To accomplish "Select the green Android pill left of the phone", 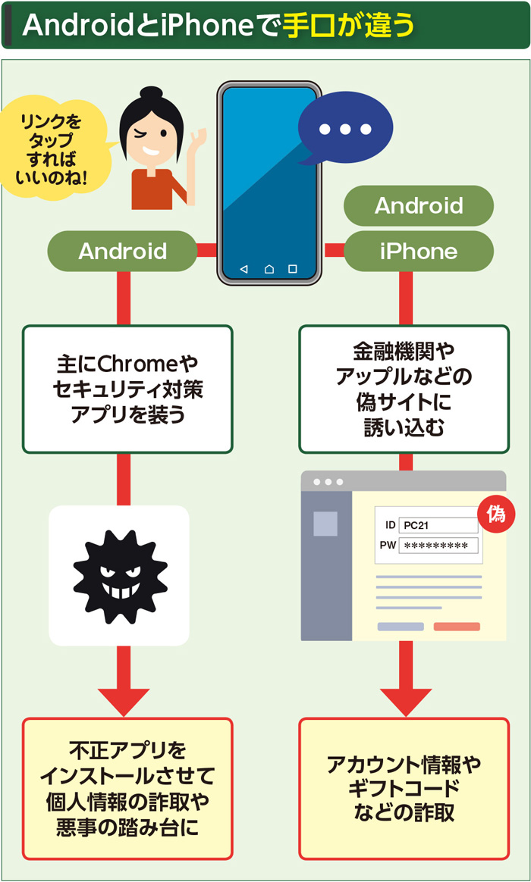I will click(x=122, y=251).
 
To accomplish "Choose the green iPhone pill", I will click(x=419, y=251).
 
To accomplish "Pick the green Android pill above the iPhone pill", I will click(x=419, y=205).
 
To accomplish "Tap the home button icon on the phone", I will click(x=269, y=269).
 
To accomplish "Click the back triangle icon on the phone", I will click(x=244, y=269).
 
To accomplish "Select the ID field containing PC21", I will click(x=438, y=525).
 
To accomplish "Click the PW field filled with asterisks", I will click(x=438, y=546).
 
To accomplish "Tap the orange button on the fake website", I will click(x=457, y=627).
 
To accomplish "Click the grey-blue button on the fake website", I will click(x=401, y=627).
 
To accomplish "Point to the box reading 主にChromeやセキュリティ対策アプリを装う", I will click(x=127, y=389).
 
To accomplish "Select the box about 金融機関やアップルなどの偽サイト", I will click(x=403, y=389).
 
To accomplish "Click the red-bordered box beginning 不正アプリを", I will click(x=127, y=788).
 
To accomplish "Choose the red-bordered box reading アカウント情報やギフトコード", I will click(x=403, y=788).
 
